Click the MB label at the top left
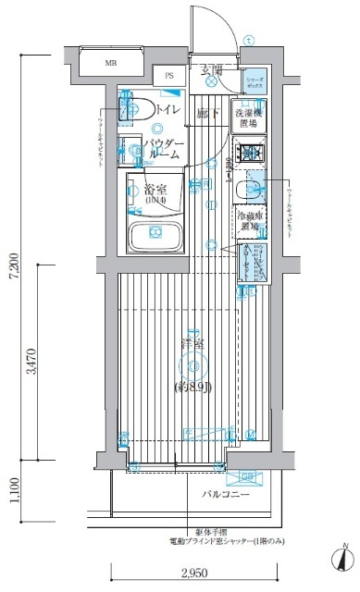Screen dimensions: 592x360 coord(110,63)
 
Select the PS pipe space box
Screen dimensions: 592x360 coord(169,76)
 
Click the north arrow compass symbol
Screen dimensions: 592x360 coord(341,558)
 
